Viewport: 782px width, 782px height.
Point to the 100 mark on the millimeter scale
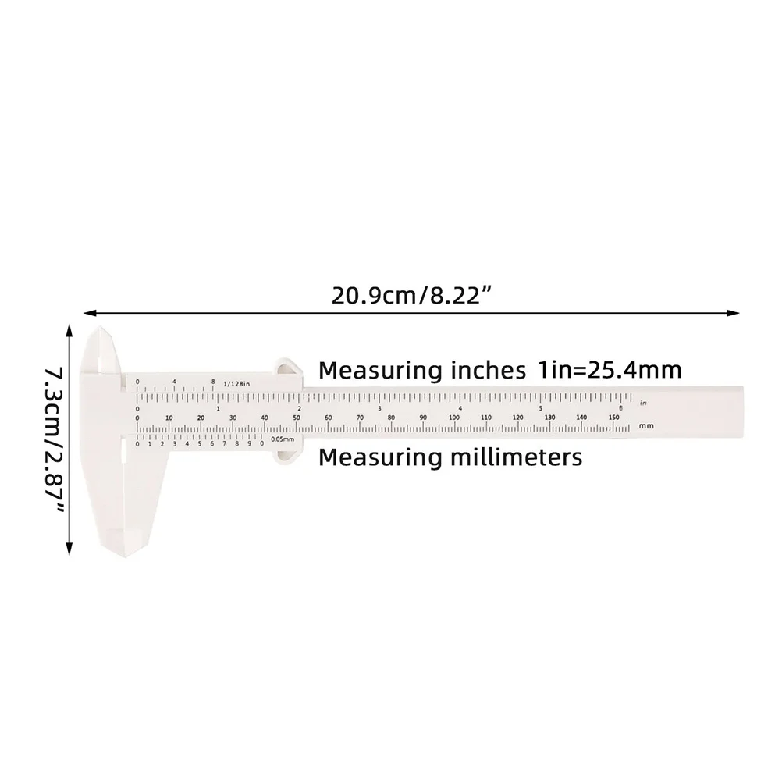pyautogui.click(x=453, y=418)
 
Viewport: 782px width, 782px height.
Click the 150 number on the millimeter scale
pyautogui.click(x=613, y=418)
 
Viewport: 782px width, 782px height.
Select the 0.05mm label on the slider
pyautogui.click(x=281, y=439)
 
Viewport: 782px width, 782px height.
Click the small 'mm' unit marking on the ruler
pyautogui.click(x=645, y=425)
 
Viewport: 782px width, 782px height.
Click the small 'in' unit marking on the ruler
pyautogui.click(x=642, y=403)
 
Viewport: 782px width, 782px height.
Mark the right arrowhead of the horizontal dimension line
pyautogui.click(x=735, y=312)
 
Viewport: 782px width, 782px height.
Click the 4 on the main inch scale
pyautogui.click(x=460, y=408)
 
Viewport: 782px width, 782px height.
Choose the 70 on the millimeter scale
pyautogui.click(x=360, y=418)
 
